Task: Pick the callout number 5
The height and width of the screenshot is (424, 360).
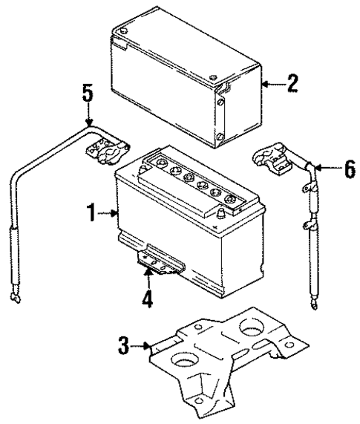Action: [88, 94]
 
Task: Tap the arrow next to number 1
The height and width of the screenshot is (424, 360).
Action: [109, 215]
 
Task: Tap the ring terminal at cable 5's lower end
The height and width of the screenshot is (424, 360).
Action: [13, 298]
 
